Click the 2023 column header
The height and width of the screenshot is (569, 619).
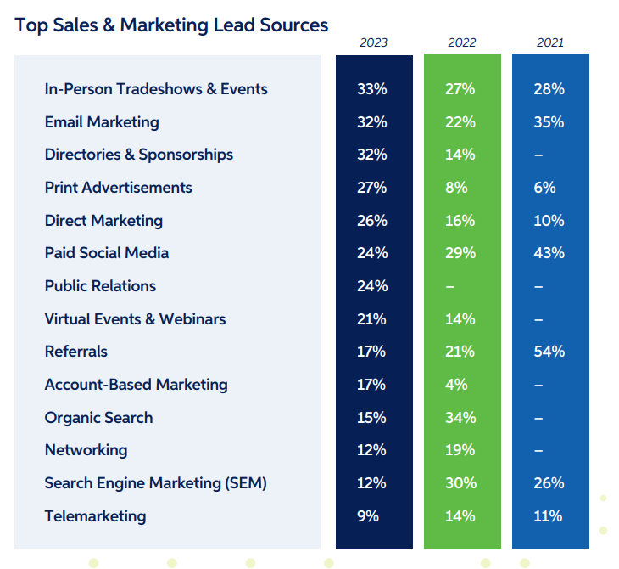pos(374,42)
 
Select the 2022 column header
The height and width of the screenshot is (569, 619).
pos(462,42)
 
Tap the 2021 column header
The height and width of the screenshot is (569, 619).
pos(549,42)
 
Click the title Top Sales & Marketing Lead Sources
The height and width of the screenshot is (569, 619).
pos(171,25)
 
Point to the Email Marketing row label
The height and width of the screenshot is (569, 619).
pos(102,122)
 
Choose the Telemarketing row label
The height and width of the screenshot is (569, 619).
pos(95,516)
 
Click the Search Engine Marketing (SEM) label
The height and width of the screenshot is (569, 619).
pos(156,483)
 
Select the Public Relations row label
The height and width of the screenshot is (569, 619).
pos(100,286)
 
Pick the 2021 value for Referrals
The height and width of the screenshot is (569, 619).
pos(549,352)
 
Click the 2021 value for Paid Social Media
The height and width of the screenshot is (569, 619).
pos(549,253)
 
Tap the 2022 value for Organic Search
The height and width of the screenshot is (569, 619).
pos(460,418)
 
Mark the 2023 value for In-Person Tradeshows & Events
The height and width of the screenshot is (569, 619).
pos(372,89)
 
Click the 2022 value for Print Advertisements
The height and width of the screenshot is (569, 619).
pos(456,188)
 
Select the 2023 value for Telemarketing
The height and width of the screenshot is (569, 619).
pos(368,516)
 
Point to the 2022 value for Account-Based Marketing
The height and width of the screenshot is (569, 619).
pos(456,385)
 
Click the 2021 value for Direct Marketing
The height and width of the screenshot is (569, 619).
pos(549,221)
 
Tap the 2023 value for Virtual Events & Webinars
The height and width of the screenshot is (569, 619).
pos(372,319)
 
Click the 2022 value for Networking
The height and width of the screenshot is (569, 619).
pos(460,450)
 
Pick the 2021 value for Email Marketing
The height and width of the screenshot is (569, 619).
pos(549,122)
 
